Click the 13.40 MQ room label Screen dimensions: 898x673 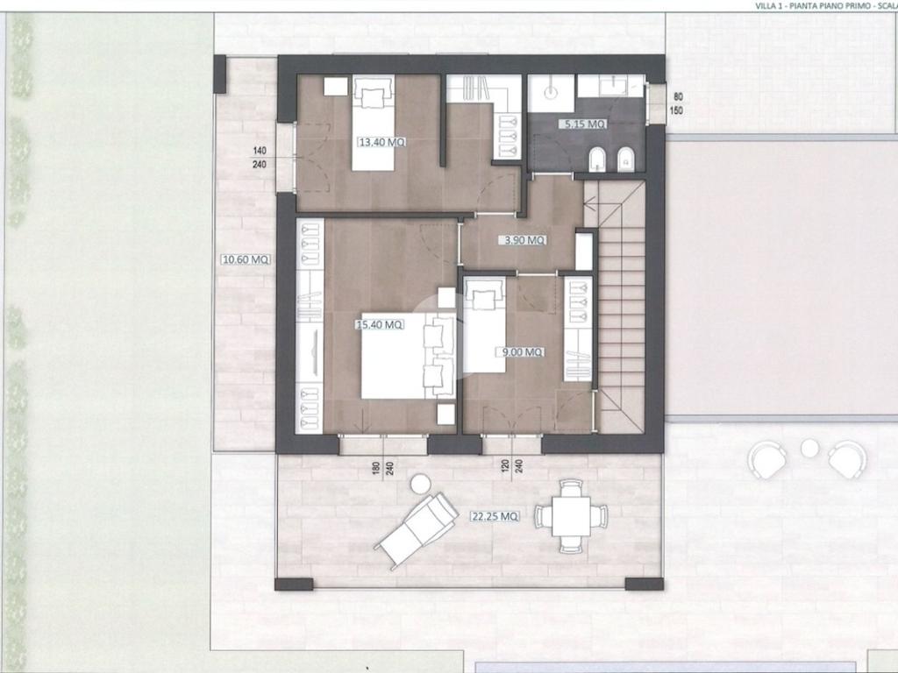(382, 142)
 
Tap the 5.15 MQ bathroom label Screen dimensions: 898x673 (582, 124)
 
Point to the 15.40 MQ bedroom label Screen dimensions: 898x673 (380, 324)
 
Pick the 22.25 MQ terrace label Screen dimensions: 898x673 (495, 516)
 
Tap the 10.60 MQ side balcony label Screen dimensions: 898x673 (246, 259)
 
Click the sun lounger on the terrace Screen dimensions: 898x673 (417, 530)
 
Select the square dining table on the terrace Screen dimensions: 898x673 (571, 515)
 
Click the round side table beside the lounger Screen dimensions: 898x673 (421, 484)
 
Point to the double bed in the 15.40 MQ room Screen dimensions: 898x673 (409, 356)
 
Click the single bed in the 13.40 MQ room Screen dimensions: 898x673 (374, 123)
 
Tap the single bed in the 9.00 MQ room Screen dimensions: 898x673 (484, 324)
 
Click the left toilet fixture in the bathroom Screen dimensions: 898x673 (597, 159)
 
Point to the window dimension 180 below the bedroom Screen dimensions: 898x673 (375, 467)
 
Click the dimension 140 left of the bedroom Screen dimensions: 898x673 (260, 151)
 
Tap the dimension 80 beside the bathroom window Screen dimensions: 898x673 (678, 96)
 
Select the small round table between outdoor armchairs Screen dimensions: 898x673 (809, 448)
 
